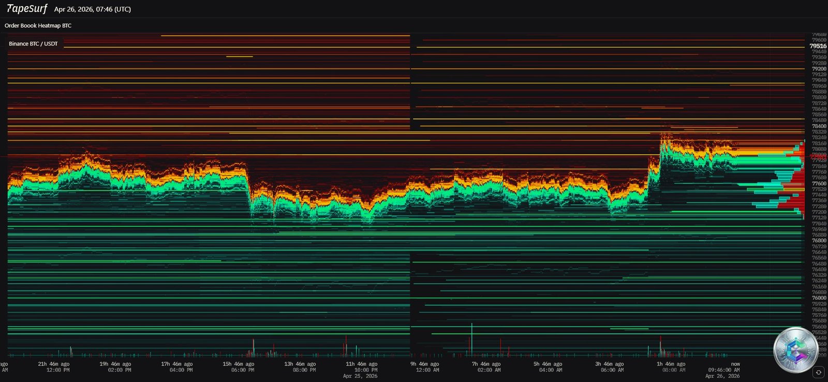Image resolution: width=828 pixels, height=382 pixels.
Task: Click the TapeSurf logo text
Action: [x=26, y=9]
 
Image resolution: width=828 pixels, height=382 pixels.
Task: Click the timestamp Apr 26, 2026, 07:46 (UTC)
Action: [x=92, y=9]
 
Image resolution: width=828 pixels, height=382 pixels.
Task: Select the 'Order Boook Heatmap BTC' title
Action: [x=38, y=25]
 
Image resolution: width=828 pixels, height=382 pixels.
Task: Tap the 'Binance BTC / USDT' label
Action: [x=33, y=43]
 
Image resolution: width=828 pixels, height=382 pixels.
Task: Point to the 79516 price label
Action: [x=818, y=46]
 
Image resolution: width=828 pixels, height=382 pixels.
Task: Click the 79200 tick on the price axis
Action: [x=819, y=69]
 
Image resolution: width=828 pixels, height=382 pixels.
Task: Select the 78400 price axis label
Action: [x=819, y=126]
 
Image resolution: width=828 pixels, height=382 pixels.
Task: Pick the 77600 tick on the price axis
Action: [x=819, y=184]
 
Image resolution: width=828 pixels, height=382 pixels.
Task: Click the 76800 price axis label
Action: [x=819, y=241]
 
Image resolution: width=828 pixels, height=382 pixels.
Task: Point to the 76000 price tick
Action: [x=819, y=298]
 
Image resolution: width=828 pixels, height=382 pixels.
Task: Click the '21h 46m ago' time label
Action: [x=53, y=364]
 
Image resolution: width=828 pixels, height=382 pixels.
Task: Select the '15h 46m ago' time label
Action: [x=238, y=364]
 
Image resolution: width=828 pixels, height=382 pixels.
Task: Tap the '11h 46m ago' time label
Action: [x=361, y=364]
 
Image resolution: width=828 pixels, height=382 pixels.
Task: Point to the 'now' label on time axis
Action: [x=735, y=364]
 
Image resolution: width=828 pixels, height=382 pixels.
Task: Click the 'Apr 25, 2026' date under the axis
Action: [x=360, y=376]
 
